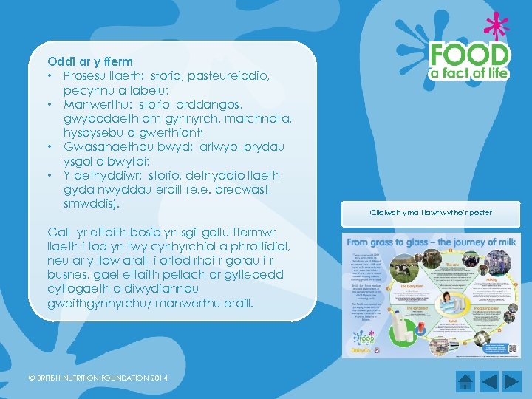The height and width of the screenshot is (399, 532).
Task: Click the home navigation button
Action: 465,382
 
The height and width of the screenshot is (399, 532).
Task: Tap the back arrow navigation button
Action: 489,382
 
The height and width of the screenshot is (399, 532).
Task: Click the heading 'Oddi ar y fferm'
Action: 90,61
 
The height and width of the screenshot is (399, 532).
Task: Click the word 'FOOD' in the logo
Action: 470,56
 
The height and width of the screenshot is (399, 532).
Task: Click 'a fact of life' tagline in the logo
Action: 471,73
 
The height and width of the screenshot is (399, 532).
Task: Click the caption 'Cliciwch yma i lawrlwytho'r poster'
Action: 431,213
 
